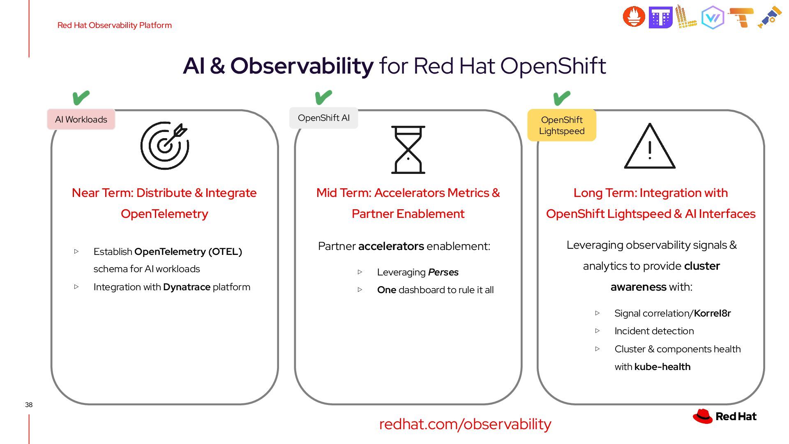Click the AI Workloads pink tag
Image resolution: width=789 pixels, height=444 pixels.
click(x=81, y=120)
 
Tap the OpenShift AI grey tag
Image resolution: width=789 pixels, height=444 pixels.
click(x=324, y=118)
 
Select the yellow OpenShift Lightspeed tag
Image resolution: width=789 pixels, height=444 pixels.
click(x=562, y=125)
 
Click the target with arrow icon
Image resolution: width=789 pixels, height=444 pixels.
click(x=164, y=146)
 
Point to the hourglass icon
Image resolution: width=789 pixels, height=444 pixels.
click(x=408, y=150)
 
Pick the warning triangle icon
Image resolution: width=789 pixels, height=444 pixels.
click(x=650, y=147)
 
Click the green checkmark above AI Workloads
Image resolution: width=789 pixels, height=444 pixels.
click(x=81, y=98)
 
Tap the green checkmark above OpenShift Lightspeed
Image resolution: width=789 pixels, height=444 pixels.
click(x=562, y=98)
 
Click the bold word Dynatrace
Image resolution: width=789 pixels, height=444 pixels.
click(x=187, y=287)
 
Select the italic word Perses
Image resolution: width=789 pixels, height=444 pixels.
click(x=443, y=272)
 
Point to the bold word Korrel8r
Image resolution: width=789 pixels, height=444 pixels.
click(x=712, y=313)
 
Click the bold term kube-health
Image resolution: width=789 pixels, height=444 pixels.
click(x=662, y=367)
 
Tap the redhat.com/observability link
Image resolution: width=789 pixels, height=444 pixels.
click(x=465, y=424)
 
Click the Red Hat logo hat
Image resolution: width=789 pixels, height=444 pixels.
click(x=703, y=416)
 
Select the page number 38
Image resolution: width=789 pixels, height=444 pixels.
click(x=29, y=405)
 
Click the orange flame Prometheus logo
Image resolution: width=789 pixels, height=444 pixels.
click(x=634, y=17)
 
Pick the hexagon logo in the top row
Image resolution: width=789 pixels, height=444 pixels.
click(x=713, y=18)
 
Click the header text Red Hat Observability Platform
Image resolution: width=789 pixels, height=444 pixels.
click(x=115, y=25)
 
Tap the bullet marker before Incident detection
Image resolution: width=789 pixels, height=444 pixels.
click(x=598, y=331)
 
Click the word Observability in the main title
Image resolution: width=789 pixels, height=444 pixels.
click(x=302, y=66)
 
